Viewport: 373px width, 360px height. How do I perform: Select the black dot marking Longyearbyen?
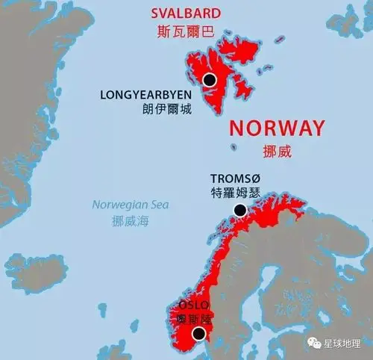(x=210, y=79)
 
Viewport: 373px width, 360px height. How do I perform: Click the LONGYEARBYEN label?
(x=145, y=95)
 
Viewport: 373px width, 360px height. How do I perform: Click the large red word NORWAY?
(x=277, y=127)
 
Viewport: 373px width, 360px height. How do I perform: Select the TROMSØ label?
(x=236, y=179)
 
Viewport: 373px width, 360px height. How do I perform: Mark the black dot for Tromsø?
(x=239, y=211)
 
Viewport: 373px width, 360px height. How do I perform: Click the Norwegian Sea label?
(x=131, y=205)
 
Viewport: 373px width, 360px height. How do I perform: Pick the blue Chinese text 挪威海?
(x=131, y=222)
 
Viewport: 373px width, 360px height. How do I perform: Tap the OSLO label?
(x=191, y=305)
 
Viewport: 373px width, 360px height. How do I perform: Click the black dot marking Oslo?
(x=199, y=334)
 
